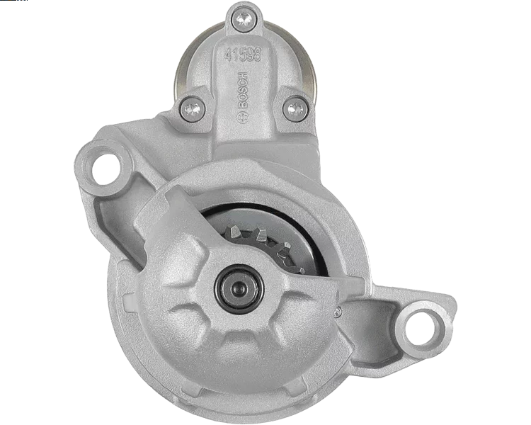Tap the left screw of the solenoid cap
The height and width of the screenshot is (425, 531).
click(x=193, y=108)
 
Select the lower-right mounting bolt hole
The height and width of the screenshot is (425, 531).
click(x=423, y=325)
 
